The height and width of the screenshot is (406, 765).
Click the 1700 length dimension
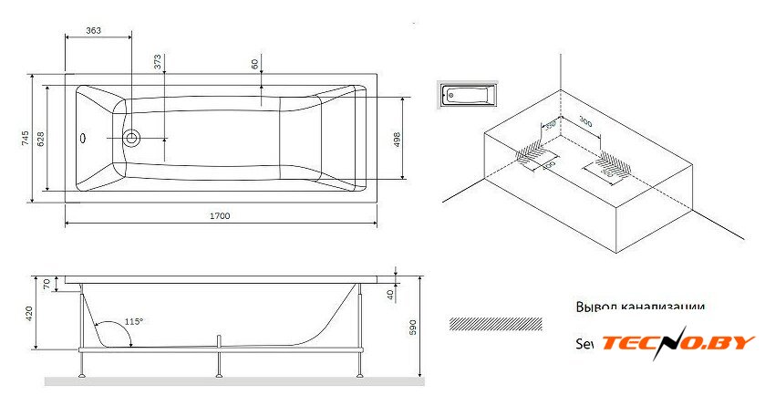pos(219,216)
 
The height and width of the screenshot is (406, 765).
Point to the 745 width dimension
pos(26,139)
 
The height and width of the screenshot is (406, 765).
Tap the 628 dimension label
pos(41,139)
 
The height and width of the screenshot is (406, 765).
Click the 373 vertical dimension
pos(158,62)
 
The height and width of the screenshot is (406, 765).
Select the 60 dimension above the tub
pos(254,65)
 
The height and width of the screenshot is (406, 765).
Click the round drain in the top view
pos(133,139)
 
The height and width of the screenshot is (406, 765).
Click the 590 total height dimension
pos(412,325)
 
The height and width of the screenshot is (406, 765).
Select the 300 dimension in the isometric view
pos(585,122)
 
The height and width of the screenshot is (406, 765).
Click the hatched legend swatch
pos(496,324)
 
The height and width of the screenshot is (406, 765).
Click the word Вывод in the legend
pos(595,307)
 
